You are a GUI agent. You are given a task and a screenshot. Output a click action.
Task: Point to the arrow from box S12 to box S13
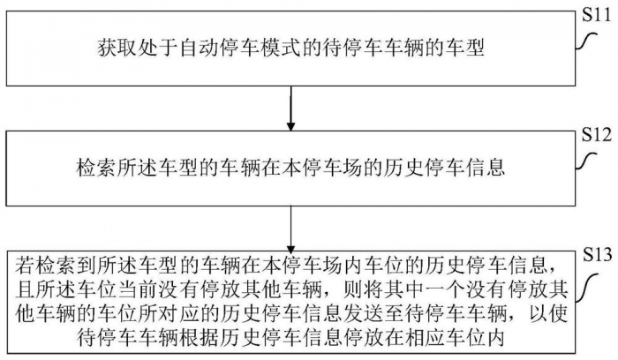coord(290,226)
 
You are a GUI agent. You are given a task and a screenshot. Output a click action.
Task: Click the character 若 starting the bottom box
coord(22,264)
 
